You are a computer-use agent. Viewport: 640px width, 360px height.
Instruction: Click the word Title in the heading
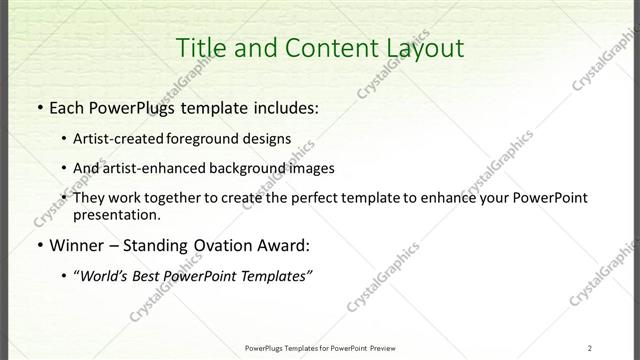point(199,47)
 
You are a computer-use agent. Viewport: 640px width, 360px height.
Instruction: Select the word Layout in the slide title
point(421,47)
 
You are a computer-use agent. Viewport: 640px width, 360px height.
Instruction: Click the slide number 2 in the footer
point(590,348)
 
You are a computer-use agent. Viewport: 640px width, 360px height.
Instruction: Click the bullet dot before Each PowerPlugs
point(38,107)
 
